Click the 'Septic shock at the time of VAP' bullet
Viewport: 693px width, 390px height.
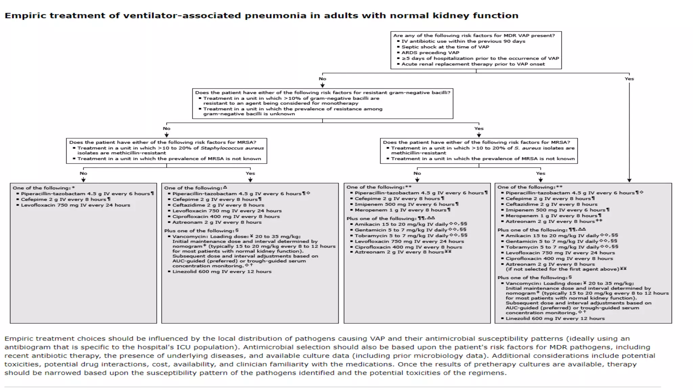pyautogui.click(x=445, y=47)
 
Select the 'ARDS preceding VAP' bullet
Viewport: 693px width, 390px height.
pyautogui.click(x=430, y=53)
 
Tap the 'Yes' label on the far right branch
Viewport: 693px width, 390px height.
pyautogui.click(x=629, y=79)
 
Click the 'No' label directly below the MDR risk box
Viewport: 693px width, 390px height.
pyautogui.click(x=322, y=79)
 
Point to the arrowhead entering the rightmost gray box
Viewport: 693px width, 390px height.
pyautogui.click(x=629, y=180)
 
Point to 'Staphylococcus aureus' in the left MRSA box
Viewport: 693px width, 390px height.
pyautogui.click(x=232, y=148)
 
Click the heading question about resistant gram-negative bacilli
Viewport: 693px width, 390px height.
pyautogui.click(x=322, y=93)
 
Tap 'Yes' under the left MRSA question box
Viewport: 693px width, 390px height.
pyautogui.click(x=250, y=173)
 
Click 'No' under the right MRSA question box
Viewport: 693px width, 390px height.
pyautogui.click(x=417, y=173)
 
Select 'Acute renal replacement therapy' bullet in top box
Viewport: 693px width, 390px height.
pyautogui.click(x=473, y=64)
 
